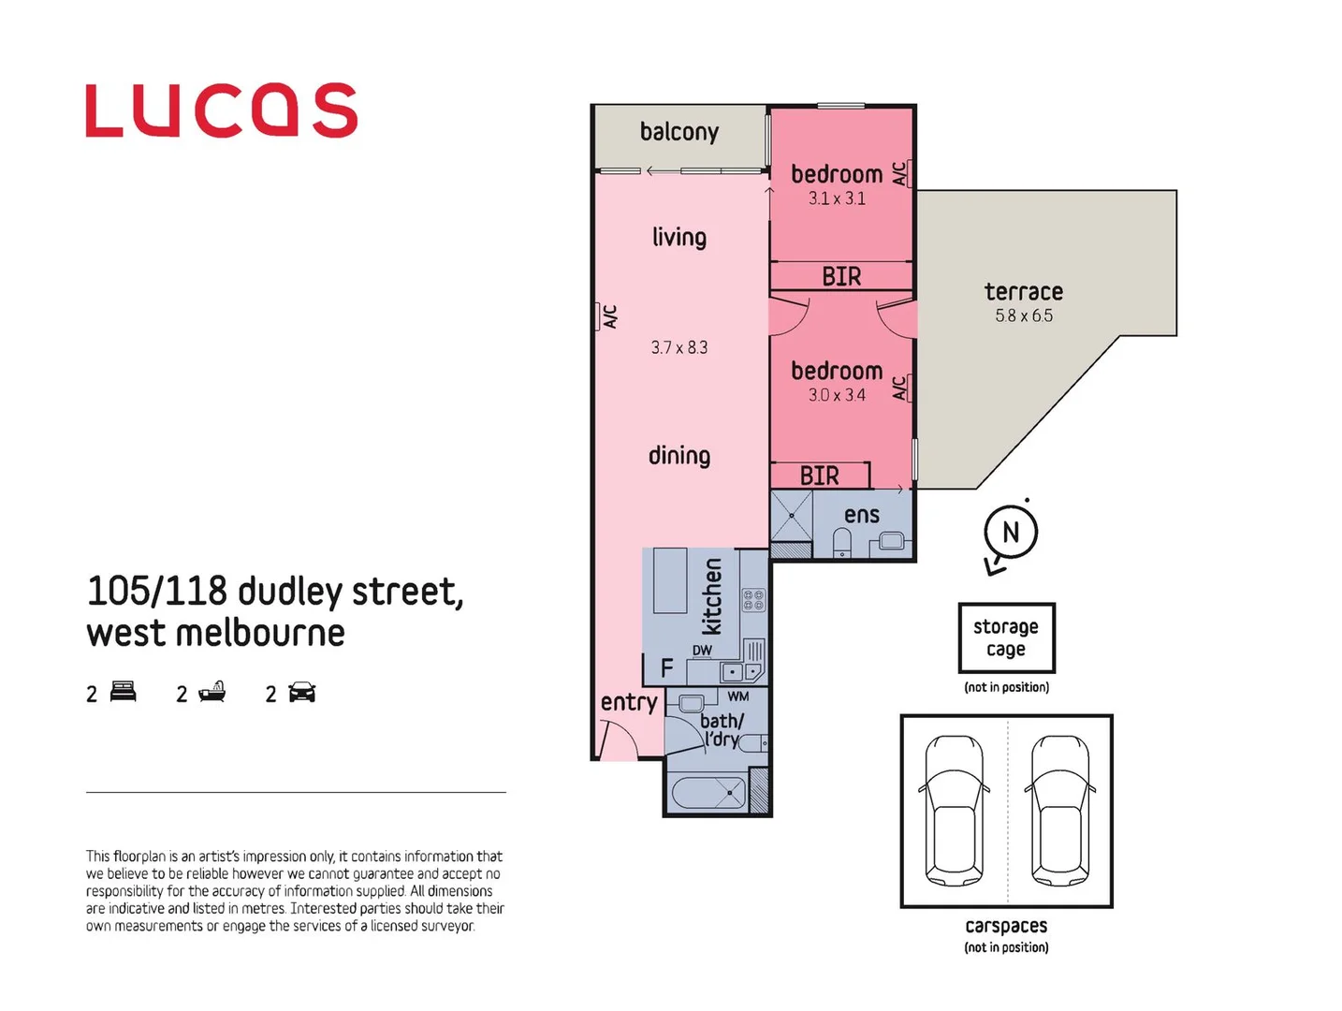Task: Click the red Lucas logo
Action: click(x=221, y=110)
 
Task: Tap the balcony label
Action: click(x=678, y=132)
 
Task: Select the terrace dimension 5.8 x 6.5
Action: click(x=1024, y=316)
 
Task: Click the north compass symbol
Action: click(x=1010, y=534)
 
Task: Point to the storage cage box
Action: click(x=1006, y=637)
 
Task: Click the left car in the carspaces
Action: click(x=954, y=811)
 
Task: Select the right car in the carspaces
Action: click(x=1060, y=811)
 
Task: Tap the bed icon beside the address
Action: click(x=124, y=693)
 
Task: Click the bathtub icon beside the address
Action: click(x=212, y=693)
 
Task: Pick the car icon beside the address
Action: click(x=302, y=693)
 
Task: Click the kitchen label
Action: click(x=712, y=596)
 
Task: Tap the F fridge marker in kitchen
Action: click(x=666, y=668)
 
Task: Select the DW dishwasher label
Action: click(x=702, y=651)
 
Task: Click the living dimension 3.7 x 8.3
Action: click(x=679, y=347)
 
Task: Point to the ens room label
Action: click(x=861, y=515)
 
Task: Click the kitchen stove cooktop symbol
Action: click(x=753, y=600)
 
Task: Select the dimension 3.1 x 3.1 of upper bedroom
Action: click(x=837, y=198)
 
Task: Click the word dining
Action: click(x=679, y=456)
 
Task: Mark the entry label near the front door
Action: click(x=629, y=702)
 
